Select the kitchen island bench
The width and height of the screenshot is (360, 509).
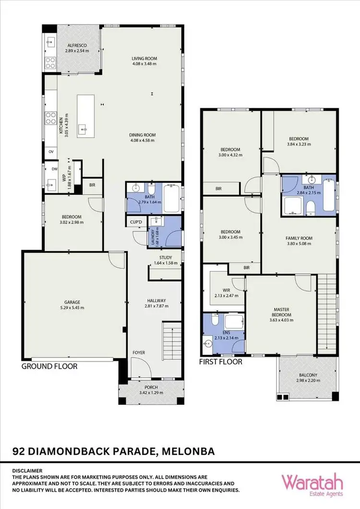pos(87,113)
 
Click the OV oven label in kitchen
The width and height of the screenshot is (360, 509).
pos(51,152)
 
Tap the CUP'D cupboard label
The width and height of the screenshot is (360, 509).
pos(135,222)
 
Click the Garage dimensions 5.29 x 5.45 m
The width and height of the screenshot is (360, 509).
pos(73,308)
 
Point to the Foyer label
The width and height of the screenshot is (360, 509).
pos(139,353)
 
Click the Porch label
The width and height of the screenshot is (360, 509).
pos(151,387)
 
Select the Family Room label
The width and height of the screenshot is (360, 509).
pos(299,238)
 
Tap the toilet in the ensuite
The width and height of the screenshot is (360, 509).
pos(215,321)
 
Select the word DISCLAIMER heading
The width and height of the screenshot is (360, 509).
pos(28,471)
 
